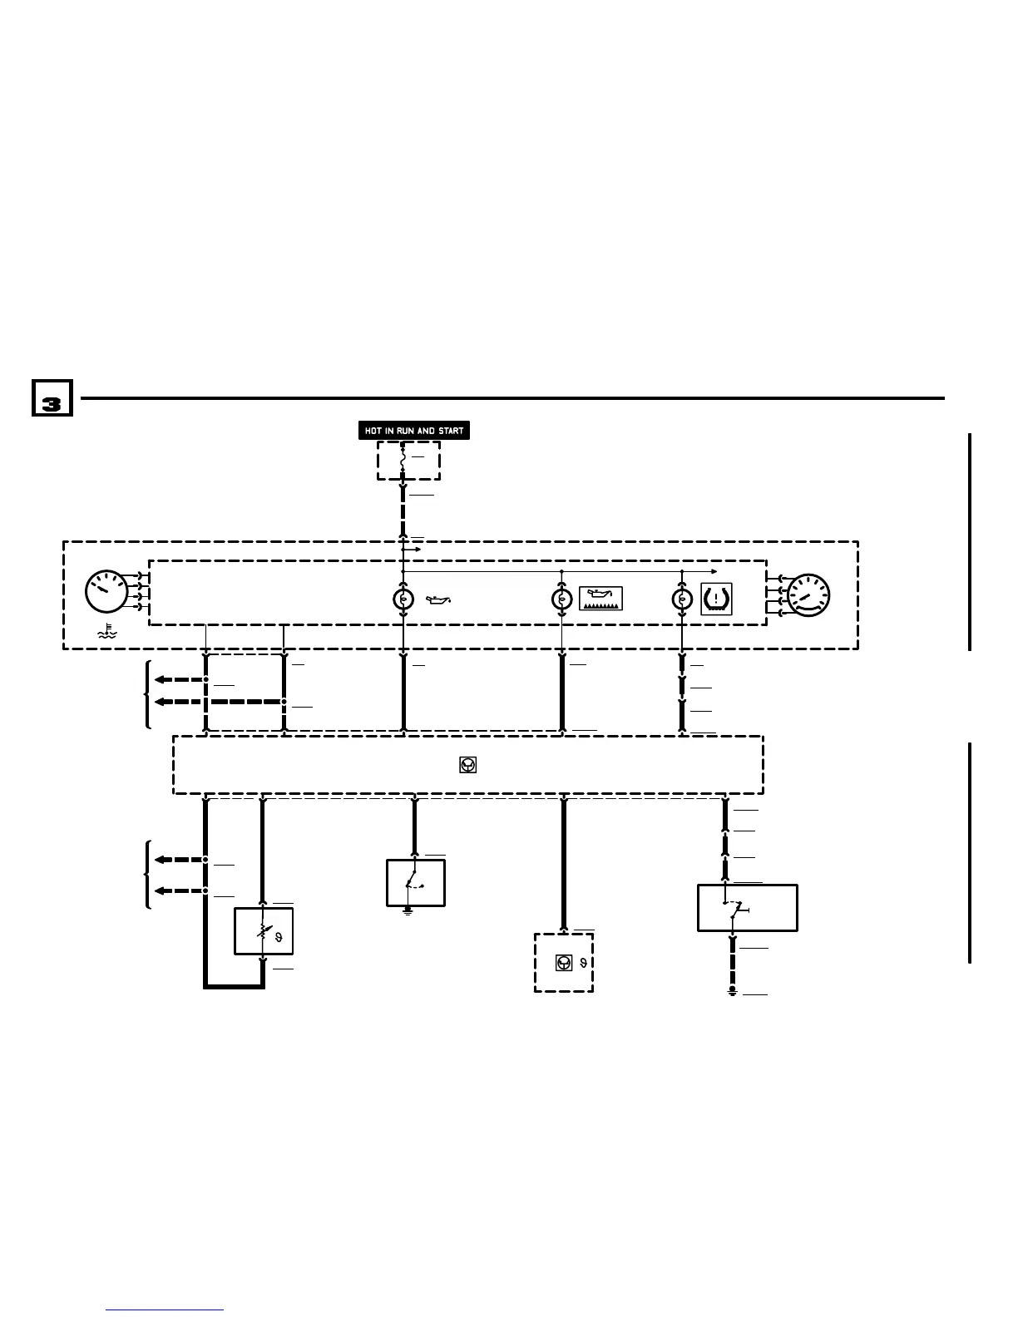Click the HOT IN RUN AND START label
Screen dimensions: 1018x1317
[x=414, y=431]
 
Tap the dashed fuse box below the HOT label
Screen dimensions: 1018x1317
[x=408, y=460]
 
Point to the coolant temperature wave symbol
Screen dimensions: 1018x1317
[x=106, y=631]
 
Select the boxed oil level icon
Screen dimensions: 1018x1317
[x=601, y=599]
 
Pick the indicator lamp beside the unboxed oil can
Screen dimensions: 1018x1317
[x=403, y=599]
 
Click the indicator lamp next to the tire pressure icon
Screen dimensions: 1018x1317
[x=682, y=599]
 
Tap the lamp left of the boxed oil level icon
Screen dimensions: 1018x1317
[x=562, y=599]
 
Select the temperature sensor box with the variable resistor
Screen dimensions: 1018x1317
[x=264, y=931]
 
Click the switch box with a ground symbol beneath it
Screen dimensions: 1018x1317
[x=415, y=882]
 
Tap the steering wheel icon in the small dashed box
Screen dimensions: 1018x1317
[x=564, y=963]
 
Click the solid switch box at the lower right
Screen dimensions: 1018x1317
[x=747, y=907]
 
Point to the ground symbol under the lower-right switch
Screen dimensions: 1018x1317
[x=733, y=992]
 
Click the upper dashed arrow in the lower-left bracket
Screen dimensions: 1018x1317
[x=180, y=860]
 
